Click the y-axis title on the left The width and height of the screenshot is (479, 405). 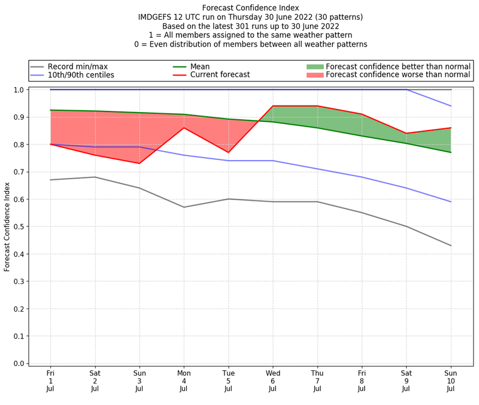tap(8, 227)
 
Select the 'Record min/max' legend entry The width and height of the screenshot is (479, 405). tap(77, 67)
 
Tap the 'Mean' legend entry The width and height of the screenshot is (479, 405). tap(200, 67)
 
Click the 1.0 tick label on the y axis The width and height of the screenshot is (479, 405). tap(18, 90)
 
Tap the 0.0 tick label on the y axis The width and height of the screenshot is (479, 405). tap(18, 364)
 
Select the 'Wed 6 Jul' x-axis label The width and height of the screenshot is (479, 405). tap(273, 380)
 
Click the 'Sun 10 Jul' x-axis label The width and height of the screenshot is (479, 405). tap(451, 380)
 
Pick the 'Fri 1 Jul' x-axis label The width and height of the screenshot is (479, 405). tap(50, 380)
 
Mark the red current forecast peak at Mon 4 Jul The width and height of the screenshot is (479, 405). tap(184, 128)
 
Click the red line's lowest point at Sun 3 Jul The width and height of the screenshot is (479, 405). tap(140, 164)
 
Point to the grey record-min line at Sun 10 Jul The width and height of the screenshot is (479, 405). tap(451, 246)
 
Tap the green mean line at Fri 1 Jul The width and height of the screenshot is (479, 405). tap(50, 110)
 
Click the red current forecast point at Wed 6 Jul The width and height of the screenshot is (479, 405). tap(273, 106)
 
